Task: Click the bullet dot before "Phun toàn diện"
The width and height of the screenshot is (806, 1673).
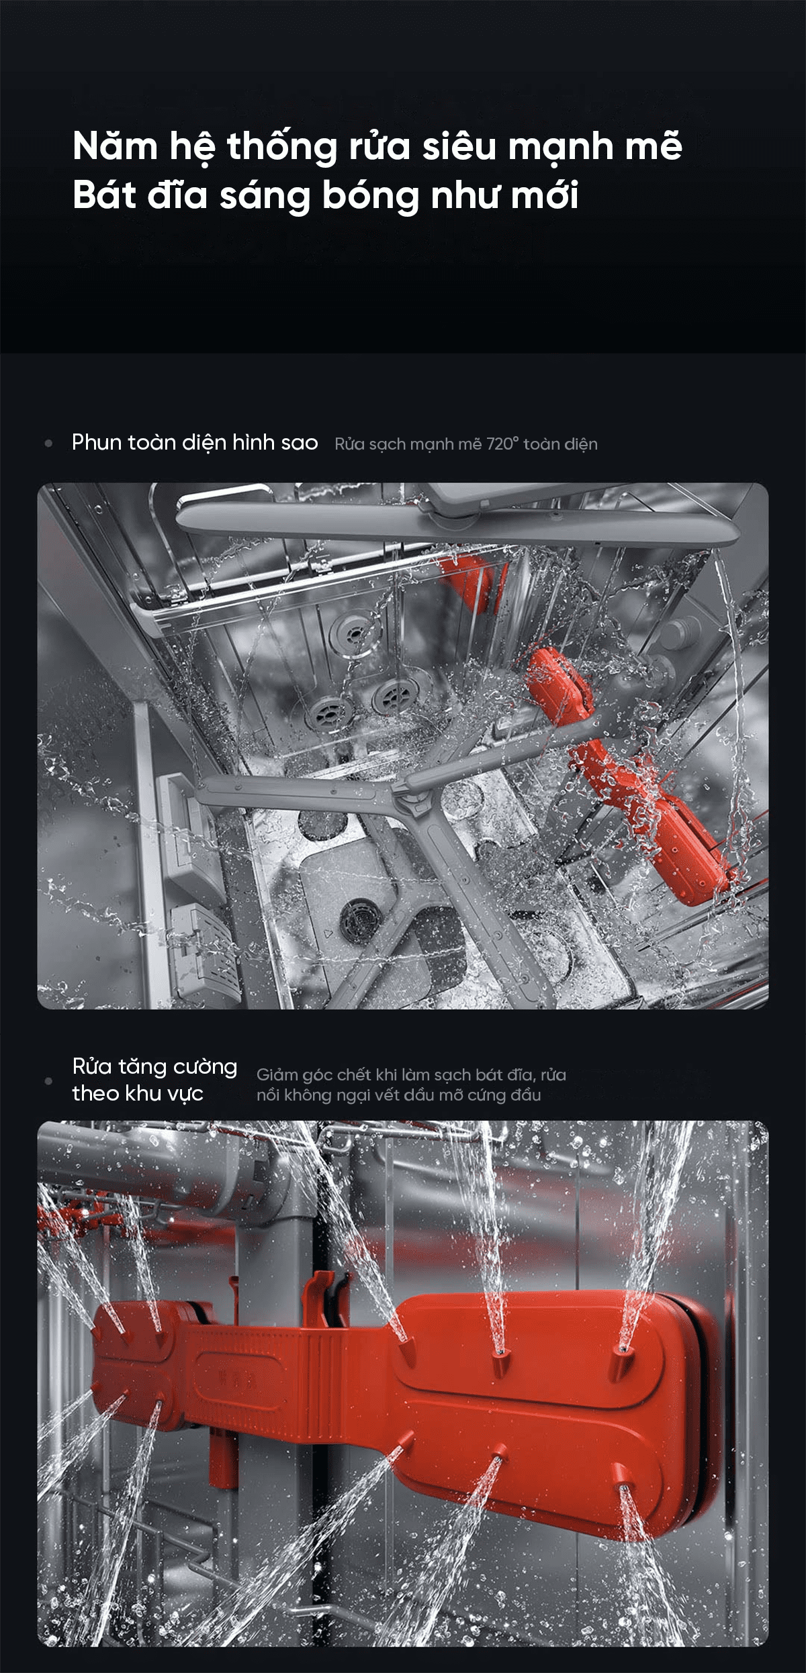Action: click(48, 443)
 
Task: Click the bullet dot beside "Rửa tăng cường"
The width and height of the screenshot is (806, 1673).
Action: click(48, 1081)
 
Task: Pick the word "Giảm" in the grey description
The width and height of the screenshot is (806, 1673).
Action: click(277, 1075)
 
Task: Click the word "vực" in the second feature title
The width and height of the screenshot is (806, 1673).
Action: click(185, 1095)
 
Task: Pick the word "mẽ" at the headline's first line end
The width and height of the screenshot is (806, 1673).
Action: click(654, 146)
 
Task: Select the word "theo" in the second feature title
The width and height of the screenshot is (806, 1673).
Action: click(95, 1094)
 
